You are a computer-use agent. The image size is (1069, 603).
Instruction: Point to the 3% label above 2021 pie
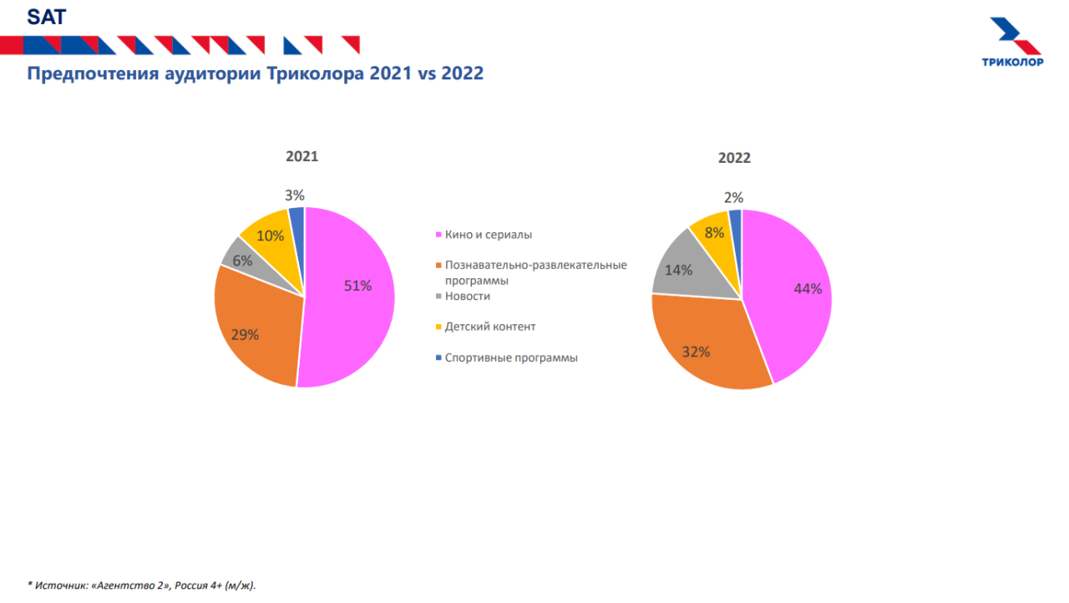(x=294, y=195)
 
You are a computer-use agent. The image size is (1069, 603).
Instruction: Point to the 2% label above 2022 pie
(x=733, y=198)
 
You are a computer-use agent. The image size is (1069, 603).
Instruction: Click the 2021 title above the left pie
(x=301, y=156)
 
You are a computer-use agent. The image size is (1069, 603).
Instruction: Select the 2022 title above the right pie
(x=734, y=158)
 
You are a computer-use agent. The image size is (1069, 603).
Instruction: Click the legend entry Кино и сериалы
(x=488, y=235)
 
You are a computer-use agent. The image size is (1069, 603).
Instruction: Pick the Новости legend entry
(x=467, y=296)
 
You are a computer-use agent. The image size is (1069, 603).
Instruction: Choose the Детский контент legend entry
(x=489, y=327)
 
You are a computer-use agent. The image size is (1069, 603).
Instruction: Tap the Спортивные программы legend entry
(x=510, y=357)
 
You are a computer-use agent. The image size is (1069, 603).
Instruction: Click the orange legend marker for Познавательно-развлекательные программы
(x=438, y=266)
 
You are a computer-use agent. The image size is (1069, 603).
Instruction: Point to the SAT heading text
(x=46, y=16)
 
